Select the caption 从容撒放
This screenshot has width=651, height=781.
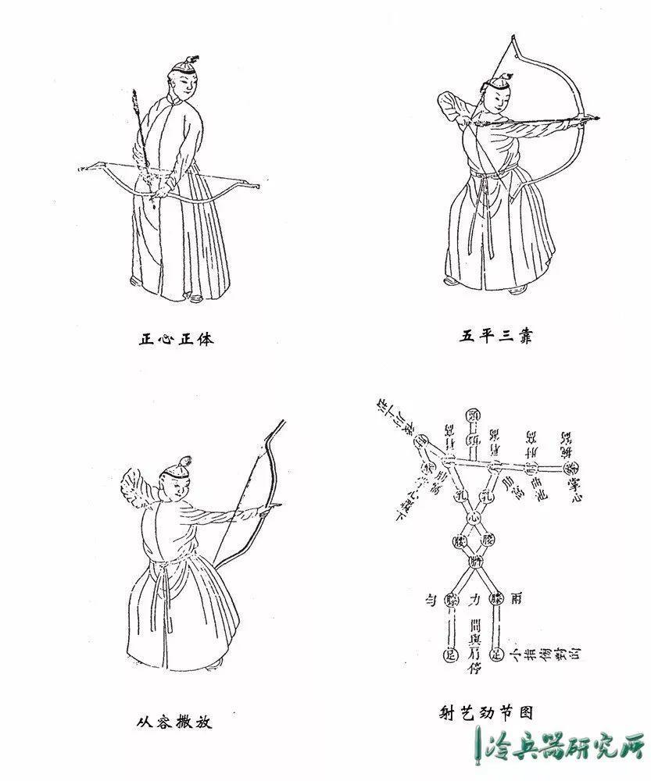173,722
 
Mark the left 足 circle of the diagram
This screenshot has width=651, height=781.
450,654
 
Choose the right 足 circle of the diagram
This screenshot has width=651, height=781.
498,654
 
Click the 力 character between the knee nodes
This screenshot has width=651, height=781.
474,601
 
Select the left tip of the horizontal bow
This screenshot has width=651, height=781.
84,167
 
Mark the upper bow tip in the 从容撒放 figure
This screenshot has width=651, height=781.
283,423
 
